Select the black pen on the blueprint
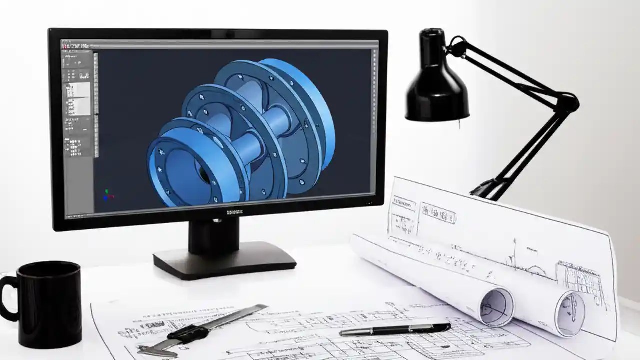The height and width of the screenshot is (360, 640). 395,329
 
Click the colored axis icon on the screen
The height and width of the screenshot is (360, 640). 107,195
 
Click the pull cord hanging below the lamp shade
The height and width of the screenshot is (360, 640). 459,124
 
